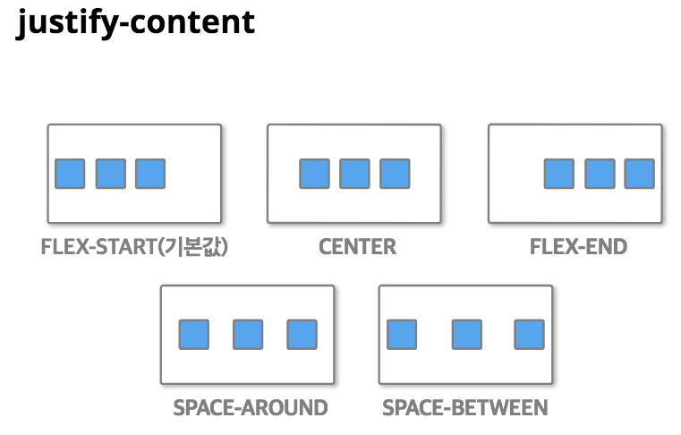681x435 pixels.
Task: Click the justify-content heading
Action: pyautogui.click(x=136, y=22)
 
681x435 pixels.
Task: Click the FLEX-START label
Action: pyautogui.click(x=134, y=246)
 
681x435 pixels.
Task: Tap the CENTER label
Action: pyautogui.click(x=357, y=246)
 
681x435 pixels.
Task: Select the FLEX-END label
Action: pyautogui.click(x=578, y=246)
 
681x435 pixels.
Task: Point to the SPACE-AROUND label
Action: pyautogui.click(x=251, y=408)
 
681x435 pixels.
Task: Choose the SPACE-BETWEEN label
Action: pyautogui.click(x=464, y=408)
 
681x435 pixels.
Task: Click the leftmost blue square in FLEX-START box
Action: pyautogui.click(x=70, y=174)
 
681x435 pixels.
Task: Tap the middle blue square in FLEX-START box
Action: pyautogui.click(x=110, y=174)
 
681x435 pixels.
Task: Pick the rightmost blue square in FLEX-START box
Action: pyautogui.click(x=150, y=174)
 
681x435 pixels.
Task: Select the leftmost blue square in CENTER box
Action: pyautogui.click(x=314, y=174)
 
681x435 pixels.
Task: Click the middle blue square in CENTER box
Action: pyautogui.click(x=354, y=174)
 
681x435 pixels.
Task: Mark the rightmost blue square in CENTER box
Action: pyautogui.click(x=395, y=174)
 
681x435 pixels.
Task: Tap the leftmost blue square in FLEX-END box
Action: pyautogui.click(x=559, y=174)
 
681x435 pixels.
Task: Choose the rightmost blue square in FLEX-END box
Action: pyautogui.click(x=639, y=174)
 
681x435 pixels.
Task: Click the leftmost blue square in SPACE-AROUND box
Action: pyautogui.click(x=193, y=335)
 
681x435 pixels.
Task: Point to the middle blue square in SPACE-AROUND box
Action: pyautogui.click(x=248, y=335)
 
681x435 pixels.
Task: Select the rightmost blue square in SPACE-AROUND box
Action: pyautogui.click(x=302, y=335)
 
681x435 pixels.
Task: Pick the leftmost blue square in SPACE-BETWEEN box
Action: pyautogui.click(x=401, y=335)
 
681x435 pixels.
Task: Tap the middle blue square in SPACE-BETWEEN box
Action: pyautogui.click(x=466, y=335)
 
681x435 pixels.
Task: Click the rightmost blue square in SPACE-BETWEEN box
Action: pyautogui.click(x=529, y=335)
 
